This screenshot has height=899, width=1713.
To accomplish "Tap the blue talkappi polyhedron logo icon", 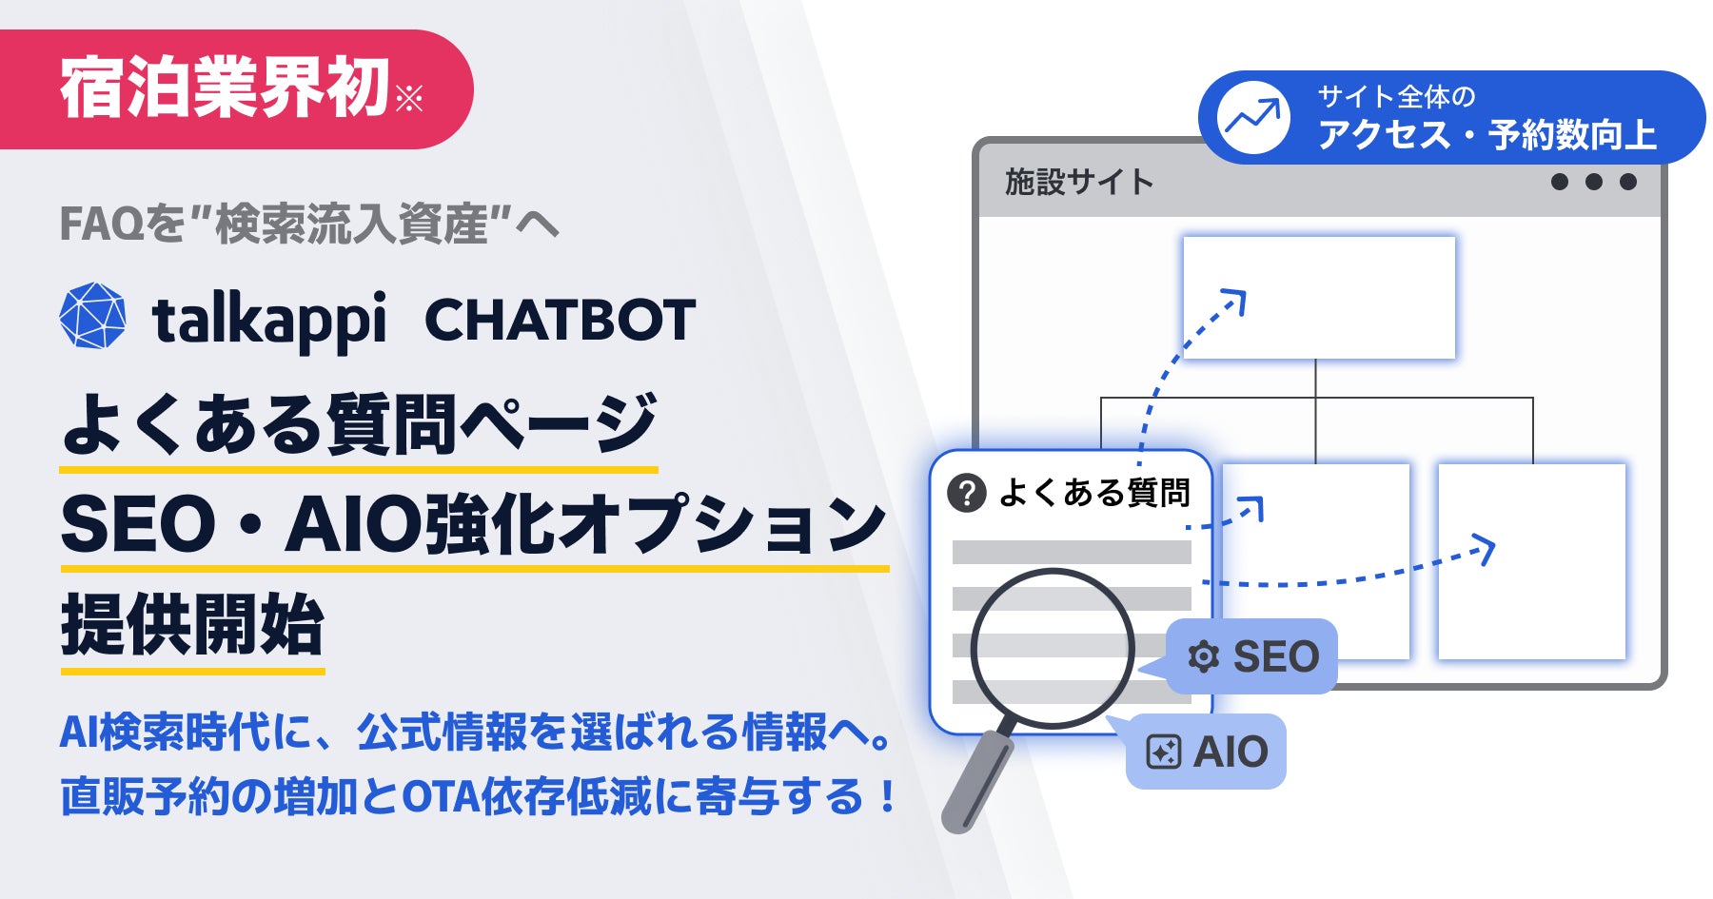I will tap(92, 316).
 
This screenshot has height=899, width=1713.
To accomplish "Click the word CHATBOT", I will tap(560, 321).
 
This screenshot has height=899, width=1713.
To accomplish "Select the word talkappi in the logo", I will tap(269, 322).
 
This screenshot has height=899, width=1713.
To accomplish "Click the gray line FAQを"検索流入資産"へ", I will tap(308, 225).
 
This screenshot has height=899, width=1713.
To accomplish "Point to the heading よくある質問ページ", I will tap(359, 424).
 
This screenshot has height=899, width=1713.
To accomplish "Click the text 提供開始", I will tap(192, 625).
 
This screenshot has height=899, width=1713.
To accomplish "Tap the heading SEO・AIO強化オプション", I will tap(473, 525).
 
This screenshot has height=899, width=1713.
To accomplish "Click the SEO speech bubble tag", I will tap(1252, 656).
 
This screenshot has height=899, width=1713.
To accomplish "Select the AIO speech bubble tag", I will tap(1207, 752).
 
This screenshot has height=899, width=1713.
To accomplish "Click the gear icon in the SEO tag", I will tap(1203, 656).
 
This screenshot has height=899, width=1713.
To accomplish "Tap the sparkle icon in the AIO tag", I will tap(1163, 752).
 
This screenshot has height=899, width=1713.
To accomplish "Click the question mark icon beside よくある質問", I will tap(967, 493).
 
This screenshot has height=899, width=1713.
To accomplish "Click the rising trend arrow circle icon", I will tap(1253, 118).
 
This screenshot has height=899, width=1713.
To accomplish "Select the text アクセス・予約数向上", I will tap(1487, 135).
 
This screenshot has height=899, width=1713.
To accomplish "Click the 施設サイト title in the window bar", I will tap(1079, 182).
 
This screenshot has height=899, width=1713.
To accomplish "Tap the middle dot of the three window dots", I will tap(1594, 182).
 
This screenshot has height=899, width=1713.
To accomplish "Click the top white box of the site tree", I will tap(1319, 298).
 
